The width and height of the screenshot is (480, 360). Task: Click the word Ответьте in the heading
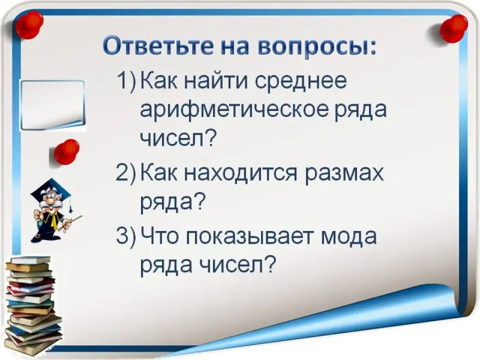coord(158,46)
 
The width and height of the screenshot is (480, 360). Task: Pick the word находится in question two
coord(241,173)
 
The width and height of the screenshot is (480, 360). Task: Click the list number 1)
coord(126,81)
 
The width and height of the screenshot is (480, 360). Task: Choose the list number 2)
coord(125,174)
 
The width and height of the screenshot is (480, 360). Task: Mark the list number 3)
coord(125,236)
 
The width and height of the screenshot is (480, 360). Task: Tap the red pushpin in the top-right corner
coord(454,28)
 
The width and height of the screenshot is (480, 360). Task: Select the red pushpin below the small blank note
coord(66,152)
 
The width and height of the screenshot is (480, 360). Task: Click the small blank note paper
coord(53,105)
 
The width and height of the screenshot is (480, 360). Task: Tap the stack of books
coord(33,304)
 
